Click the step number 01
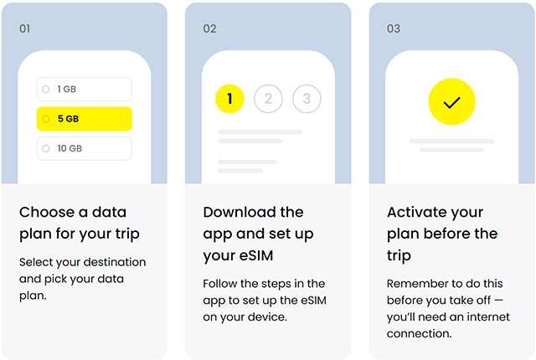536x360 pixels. click(24, 28)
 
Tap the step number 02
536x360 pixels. click(209, 28)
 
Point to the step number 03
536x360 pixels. click(394, 28)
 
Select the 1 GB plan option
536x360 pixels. click(84, 89)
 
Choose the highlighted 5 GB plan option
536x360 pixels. click(84, 119)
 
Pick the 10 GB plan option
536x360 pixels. click(84, 148)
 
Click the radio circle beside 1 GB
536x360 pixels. click(46, 89)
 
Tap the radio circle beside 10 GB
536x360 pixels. click(46, 148)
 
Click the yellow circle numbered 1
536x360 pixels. click(229, 99)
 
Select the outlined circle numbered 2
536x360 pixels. click(268, 99)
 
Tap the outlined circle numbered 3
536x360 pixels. click(307, 99)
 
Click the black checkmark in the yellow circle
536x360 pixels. click(452, 102)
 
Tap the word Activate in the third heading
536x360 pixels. click(415, 212)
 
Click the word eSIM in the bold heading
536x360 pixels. click(255, 255)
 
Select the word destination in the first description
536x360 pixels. click(116, 262)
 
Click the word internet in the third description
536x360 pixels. click(488, 317)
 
